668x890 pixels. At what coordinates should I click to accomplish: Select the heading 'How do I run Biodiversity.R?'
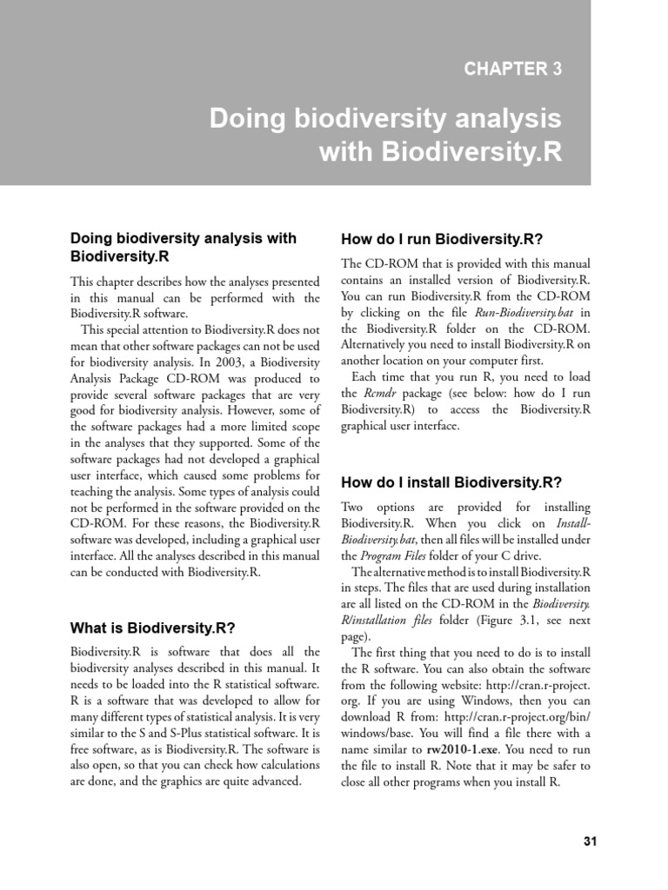pos(442,238)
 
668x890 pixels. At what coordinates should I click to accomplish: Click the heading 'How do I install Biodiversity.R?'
pos(451,482)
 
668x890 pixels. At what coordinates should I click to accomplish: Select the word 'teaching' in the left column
pos(96,491)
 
